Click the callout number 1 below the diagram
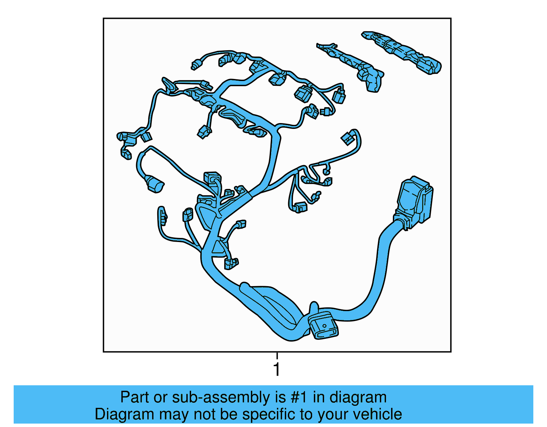(x=277, y=370)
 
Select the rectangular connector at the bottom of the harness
(x=323, y=325)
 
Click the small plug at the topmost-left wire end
(x=196, y=65)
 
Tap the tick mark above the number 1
(x=277, y=356)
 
